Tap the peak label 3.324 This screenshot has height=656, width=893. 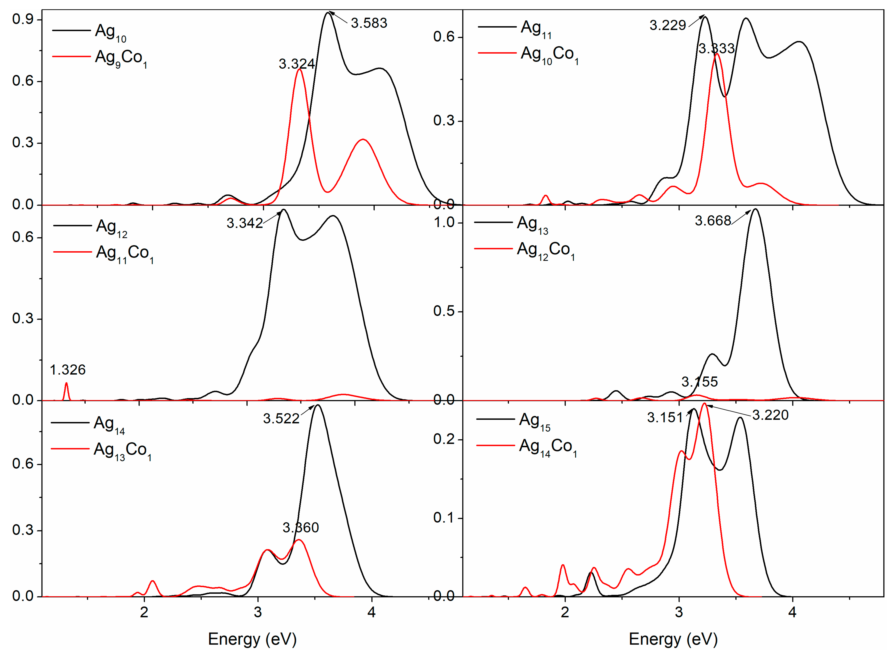coord(297,64)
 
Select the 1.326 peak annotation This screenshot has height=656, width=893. coord(68,370)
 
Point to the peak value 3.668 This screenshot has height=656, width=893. coord(713,221)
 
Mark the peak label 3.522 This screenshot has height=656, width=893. coord(281,418)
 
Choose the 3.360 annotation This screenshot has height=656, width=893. coord(301,528)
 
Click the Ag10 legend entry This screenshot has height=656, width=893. coord(110,32)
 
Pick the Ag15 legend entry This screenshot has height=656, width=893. coord(535,421)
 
